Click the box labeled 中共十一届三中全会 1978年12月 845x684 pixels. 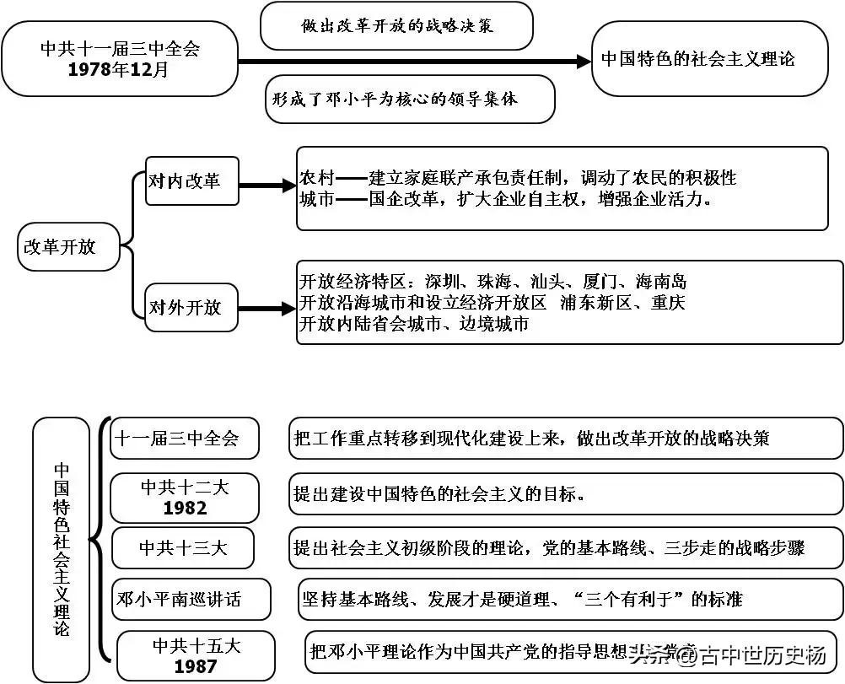pos(120,58)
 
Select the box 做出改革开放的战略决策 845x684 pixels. pos(396,26)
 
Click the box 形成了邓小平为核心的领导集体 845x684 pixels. pos(410,99)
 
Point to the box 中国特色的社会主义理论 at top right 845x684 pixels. pos(709,59)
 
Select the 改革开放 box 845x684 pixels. pos(68,247)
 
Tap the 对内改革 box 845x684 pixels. pos(191,181)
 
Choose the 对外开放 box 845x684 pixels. pos(191,308)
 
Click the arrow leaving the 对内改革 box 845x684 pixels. pos(266,186)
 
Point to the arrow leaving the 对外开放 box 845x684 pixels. pos(266,310)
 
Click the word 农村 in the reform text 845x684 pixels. pos(317,178)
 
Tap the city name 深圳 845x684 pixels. pos(444,282)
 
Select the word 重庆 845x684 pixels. pos(667,303)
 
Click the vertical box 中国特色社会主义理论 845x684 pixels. pos(62,549)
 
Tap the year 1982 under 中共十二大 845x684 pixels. pos(185,509)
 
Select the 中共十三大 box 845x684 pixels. pos(185,548)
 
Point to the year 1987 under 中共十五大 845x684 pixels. pos(196,666)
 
